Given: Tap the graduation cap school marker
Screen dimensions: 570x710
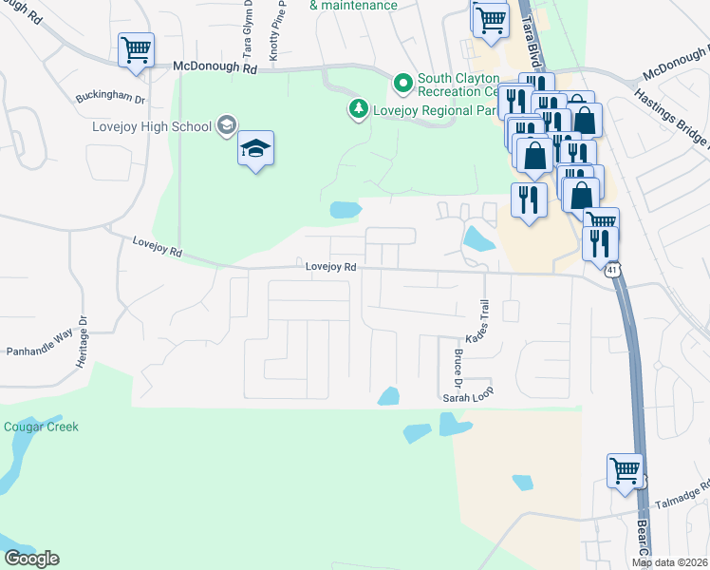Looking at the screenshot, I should [x=255, y=148].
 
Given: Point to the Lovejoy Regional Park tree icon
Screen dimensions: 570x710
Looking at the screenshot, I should [x=358, y=109].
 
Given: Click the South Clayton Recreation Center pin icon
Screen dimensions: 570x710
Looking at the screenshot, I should [x=403, y=85].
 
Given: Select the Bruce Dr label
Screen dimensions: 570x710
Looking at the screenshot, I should [x=457, y=370].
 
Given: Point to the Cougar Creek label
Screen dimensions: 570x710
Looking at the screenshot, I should [x=40, y=427].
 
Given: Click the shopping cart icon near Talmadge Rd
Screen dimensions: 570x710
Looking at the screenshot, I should [x=625, y=469].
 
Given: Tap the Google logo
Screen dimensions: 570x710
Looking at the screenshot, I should [x=31, y=559].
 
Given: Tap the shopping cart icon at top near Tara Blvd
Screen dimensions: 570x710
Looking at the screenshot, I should [x=490, y=18].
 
